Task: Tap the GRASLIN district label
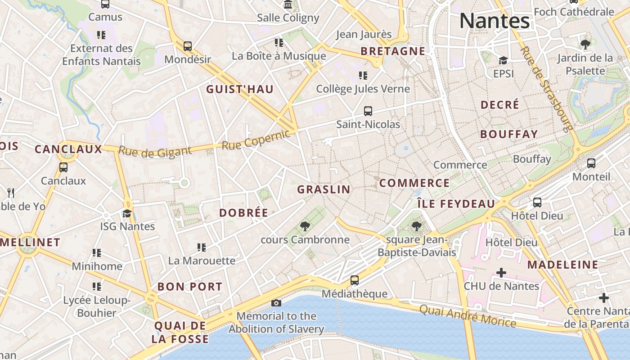tap(324, 189)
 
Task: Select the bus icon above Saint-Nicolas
tap(368, 111)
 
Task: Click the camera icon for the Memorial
tap(276, 303)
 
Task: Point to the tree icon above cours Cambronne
tap(305, 226)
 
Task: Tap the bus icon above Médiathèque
tap(355, 280)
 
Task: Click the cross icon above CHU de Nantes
tap(501, 273)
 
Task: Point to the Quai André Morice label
tap(468, 315)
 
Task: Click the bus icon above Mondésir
tap(188, 46)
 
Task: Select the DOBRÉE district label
tap(243, 213)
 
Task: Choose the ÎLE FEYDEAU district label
tap(456, 204)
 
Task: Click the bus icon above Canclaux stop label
tap(63, 167)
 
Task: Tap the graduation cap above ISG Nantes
tap(127, 213)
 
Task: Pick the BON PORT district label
tap(190, 287)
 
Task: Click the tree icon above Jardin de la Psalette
tap(585, 44)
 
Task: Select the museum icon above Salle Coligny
tap(288, 5)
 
